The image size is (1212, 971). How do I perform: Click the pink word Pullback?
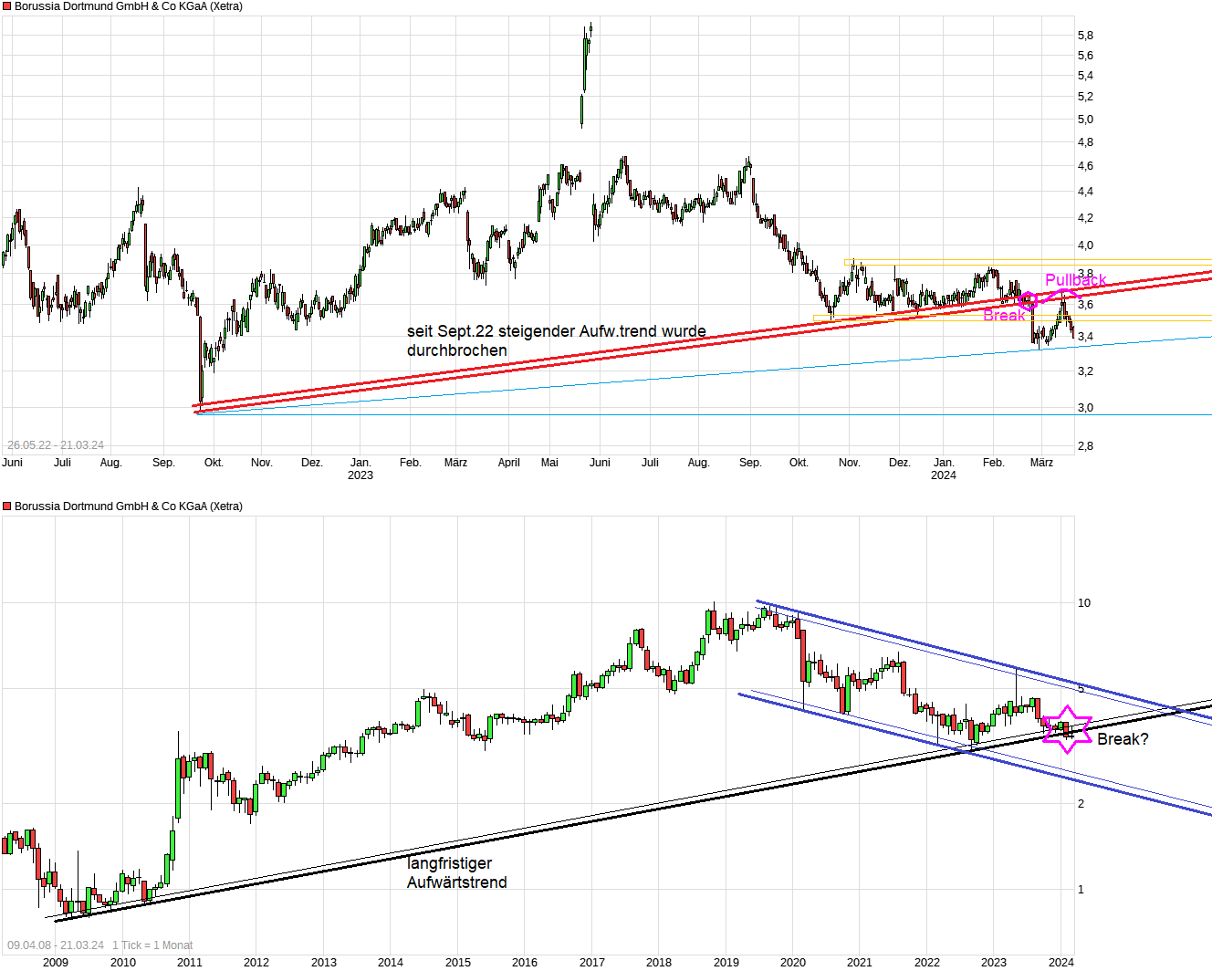click(x=1075, y=280)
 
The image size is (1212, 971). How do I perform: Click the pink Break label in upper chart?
click(x=1004, y=316)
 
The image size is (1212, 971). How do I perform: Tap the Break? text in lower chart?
click(x=1123, y=739)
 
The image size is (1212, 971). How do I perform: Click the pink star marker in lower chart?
click(x=1067, y=729)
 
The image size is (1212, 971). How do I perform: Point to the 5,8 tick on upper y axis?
click(x=1085, y=36)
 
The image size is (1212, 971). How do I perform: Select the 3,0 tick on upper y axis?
click(x=1085, y=408)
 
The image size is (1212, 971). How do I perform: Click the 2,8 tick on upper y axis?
click(x=1085, y=446)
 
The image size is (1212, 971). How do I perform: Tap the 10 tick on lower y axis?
click(x=1084, y=603)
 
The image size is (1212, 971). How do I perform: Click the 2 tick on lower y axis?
click(x=1081, y=804)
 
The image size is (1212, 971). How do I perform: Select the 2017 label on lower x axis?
click(x=591, y=962)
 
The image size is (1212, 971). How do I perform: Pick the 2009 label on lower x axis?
click(x=56, y=962)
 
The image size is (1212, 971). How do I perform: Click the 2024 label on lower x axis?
click(x=1060, y=962)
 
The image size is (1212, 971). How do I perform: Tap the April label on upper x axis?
click(x=508, y=463)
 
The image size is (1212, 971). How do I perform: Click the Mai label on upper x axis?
click(x=549, y=463)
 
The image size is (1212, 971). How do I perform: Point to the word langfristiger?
click(x=449, y=863)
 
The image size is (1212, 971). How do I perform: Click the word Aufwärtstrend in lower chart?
click(x=456, y=882)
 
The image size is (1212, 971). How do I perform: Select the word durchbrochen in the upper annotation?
click(x=456, y=350)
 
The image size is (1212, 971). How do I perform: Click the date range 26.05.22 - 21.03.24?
click(x=56, y=445)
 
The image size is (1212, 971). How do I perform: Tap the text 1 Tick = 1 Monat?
click(x=152, y=945)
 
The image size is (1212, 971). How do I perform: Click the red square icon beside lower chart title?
click(x=7, y=506)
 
